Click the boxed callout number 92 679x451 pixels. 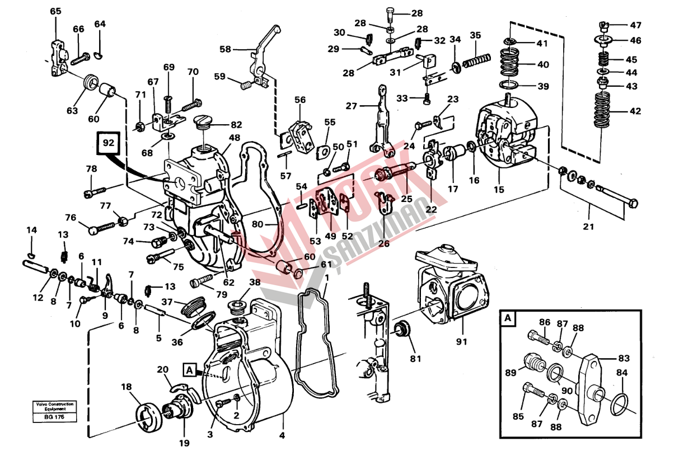tap(108, 143)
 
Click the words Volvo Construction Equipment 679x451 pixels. tap(54, 406)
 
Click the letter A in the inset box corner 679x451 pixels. tap(508, 319)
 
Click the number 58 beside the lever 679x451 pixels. tap(225, 49)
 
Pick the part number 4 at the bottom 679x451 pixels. tap(282, 435)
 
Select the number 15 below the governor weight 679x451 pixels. tap(499, 189)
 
